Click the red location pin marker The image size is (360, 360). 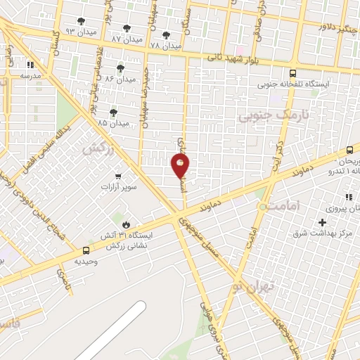tap(181, 165)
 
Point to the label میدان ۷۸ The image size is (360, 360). tap(166, 44)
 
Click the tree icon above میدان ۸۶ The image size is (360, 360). tap(120, 68)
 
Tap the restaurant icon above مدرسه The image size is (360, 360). tap(30, 65)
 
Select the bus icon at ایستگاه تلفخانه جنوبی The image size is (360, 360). tap(292, 72)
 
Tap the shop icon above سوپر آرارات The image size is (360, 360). tap(117, 176)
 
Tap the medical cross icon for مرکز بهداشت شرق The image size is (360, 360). tap(322, 222)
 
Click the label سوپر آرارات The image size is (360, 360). tap(117, 187)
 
